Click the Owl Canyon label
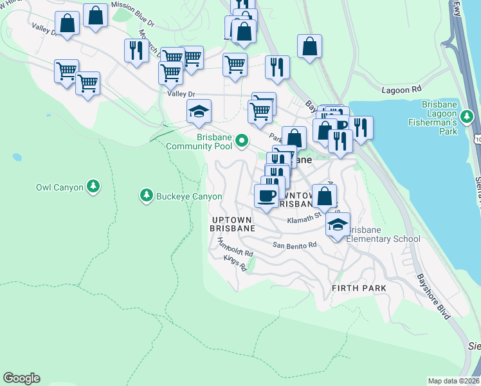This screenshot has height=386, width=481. [x=60, y=187]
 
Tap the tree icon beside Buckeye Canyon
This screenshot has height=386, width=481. [x=147, y=195]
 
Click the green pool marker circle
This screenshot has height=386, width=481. [x=242, y=140]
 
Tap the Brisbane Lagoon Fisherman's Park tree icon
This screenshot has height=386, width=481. [x=469, y=117]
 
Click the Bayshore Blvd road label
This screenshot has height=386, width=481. [x=433, y=297]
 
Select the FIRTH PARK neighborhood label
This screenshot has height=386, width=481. [x=359, y=288]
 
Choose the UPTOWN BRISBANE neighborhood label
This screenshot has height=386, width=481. [x=233, y=224]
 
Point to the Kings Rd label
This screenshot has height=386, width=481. [x=235, y=263]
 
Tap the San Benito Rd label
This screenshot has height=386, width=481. [x=295, y=245]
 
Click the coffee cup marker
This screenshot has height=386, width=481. [x=266, y=195]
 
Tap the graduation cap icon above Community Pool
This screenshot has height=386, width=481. [x=199, y=112]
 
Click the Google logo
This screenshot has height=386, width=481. [x=21, y=378]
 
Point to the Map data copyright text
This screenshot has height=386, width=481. [x=453, y=381]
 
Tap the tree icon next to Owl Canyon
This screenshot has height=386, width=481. [x=94, y=187]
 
